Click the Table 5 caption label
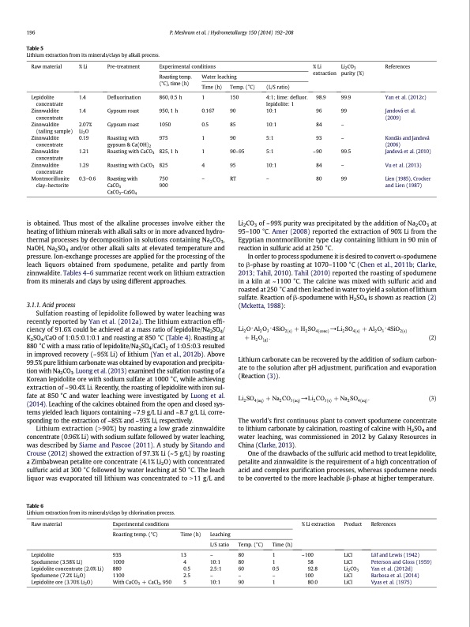tap(36, 47)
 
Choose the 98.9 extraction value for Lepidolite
tap(321, 95)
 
